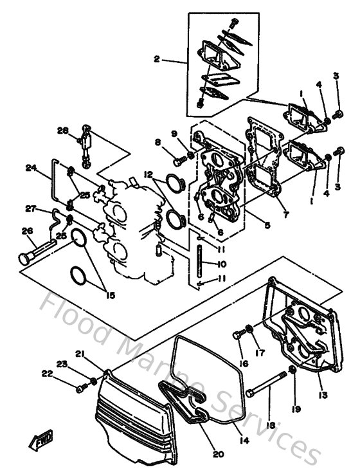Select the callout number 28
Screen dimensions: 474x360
62,131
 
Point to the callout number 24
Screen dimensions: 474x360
30,169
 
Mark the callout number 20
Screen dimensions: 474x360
218,454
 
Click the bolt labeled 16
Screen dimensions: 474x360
240,334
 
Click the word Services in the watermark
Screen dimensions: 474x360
270,421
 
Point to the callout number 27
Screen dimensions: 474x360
30,208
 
